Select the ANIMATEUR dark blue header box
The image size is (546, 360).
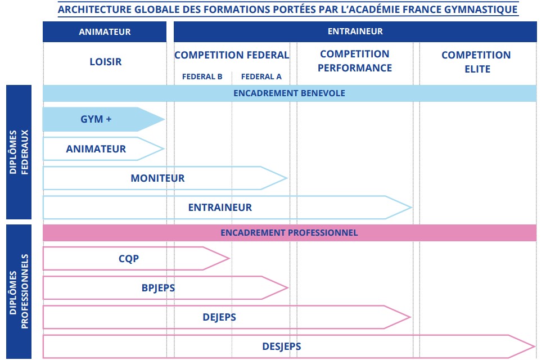[105, 31]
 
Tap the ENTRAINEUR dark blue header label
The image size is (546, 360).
[355, 31]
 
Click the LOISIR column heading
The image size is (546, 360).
[106, 62]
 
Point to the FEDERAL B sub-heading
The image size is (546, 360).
[202, 76]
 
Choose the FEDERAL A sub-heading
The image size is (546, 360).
[261, 76]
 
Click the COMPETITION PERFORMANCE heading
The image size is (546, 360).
[355, 61]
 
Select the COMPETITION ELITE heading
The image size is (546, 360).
[476, 62]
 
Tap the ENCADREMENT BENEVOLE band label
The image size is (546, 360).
[289, 93]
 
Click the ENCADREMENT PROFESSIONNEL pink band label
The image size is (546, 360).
[289, 233]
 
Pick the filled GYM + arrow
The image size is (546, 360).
[103, 119]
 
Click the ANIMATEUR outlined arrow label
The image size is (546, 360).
[96, 149]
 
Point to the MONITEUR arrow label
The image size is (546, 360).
[157, 178]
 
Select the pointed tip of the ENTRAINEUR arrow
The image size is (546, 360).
[412, 208]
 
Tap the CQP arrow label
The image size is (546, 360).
[129, 259]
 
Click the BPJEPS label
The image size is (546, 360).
[158, 288]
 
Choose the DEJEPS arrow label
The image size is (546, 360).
[219, 317]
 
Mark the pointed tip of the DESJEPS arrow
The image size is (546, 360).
[535, 346]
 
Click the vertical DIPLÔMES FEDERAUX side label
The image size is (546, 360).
[19, 152]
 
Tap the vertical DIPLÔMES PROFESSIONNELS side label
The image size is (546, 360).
[19, 291]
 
